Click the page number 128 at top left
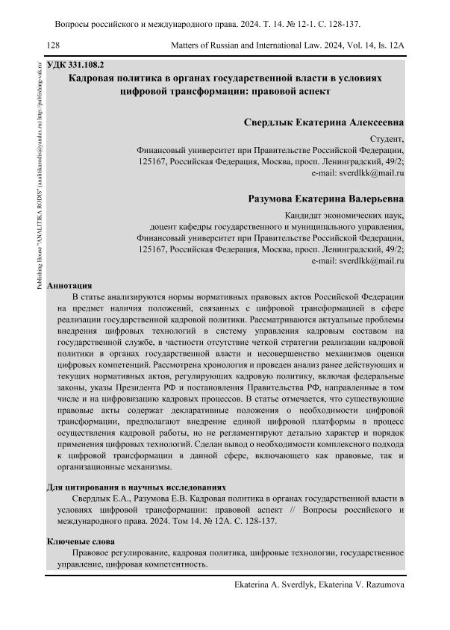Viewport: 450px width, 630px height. [53, 46]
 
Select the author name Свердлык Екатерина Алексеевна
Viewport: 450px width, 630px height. [324, 121]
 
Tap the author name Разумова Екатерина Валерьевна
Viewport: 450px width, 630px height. [325, 199]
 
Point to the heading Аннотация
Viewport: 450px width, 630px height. [69, 285]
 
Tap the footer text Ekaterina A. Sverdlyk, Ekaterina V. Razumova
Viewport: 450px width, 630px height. [319, 585]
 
